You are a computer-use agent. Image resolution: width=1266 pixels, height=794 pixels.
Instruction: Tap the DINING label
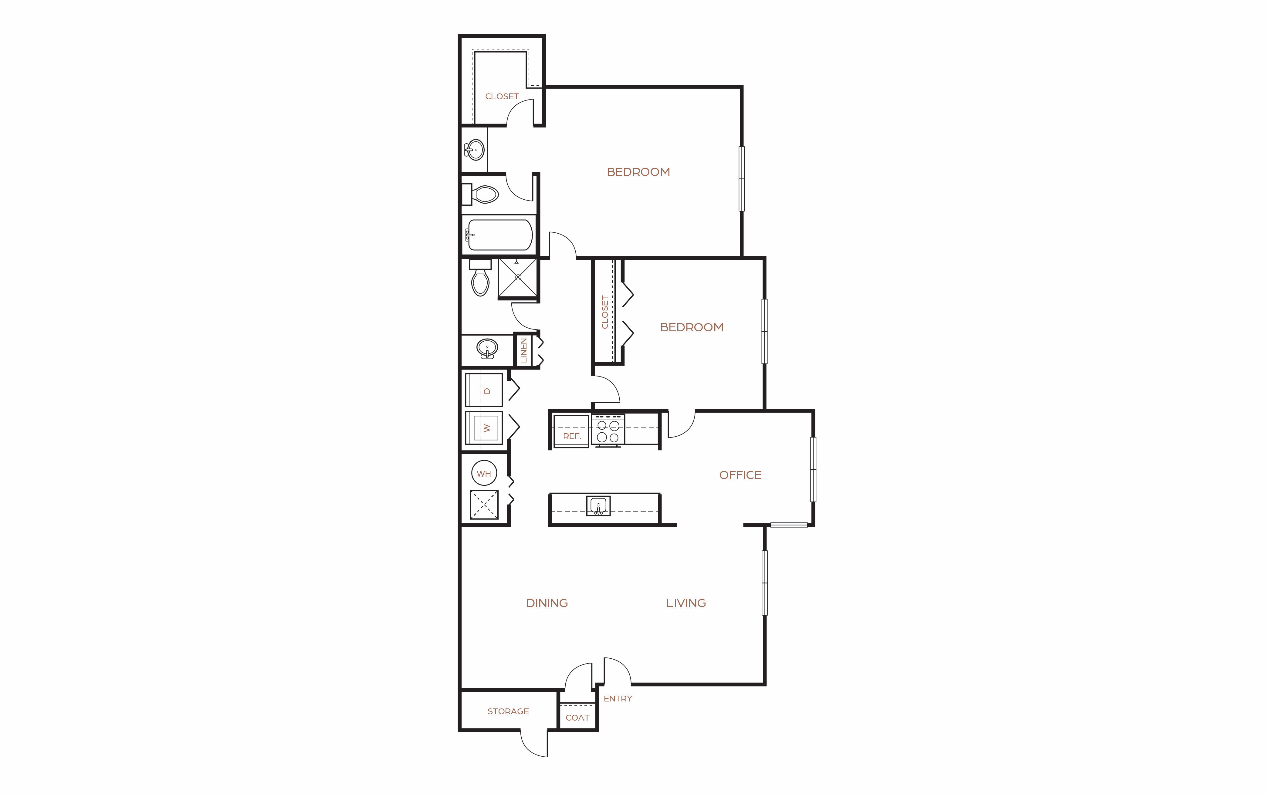click(547, 603)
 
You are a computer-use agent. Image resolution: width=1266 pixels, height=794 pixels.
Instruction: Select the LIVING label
click(686, 603)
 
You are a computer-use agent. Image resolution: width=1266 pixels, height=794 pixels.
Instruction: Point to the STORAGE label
click(508, 711)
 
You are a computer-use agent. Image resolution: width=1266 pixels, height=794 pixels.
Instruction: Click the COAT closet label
click(577, 718)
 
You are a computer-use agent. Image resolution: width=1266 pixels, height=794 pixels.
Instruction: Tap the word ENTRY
click(618, 699)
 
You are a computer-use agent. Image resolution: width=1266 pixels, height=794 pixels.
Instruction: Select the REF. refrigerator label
click(571, 436)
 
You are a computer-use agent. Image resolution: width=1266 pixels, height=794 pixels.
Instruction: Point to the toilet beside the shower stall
click(480, 278)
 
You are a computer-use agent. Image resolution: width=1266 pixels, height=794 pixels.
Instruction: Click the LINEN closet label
click(523, 350)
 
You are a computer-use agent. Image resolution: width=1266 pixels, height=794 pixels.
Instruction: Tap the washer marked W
click(484, 427)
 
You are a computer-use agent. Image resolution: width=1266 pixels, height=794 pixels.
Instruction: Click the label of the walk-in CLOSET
click(502, 96)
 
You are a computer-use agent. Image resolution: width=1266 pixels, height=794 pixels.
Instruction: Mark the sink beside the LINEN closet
click(487, 349)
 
